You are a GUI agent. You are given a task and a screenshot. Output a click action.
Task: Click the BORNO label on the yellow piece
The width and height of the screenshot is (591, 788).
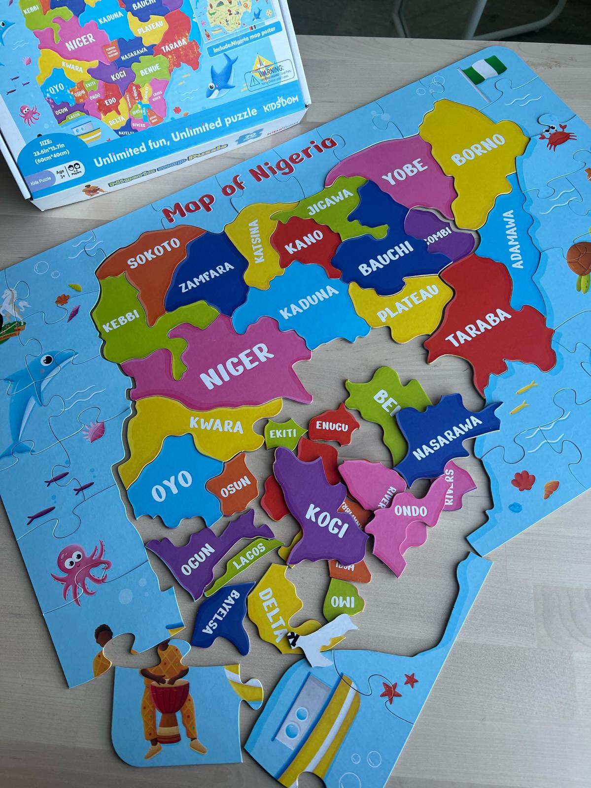tap(479, 150)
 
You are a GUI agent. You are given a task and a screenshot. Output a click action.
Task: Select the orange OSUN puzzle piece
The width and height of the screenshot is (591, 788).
tap(235, 485)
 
